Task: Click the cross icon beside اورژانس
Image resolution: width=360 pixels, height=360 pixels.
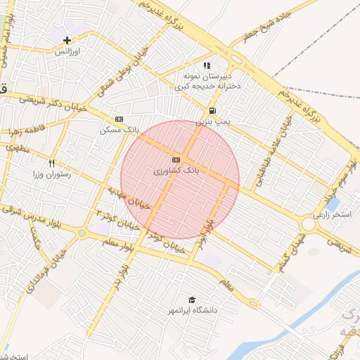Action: coord(67,40)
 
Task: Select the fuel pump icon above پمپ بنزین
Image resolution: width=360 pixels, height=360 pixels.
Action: coord(212,111)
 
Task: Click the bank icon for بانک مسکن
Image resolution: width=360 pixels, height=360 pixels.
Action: coord(119,119)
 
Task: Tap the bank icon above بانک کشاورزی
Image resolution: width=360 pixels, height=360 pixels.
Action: coord(175,160)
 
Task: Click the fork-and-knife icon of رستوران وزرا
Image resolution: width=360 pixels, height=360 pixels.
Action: coord(52,163)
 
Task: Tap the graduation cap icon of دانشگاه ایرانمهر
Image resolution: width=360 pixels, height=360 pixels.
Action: coord(192,300)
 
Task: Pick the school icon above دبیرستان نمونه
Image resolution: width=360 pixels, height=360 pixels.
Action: coord(207,65)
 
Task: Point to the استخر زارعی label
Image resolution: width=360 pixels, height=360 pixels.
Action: coord(333,214)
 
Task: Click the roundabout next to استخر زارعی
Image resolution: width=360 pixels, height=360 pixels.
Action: coord(307,224)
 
